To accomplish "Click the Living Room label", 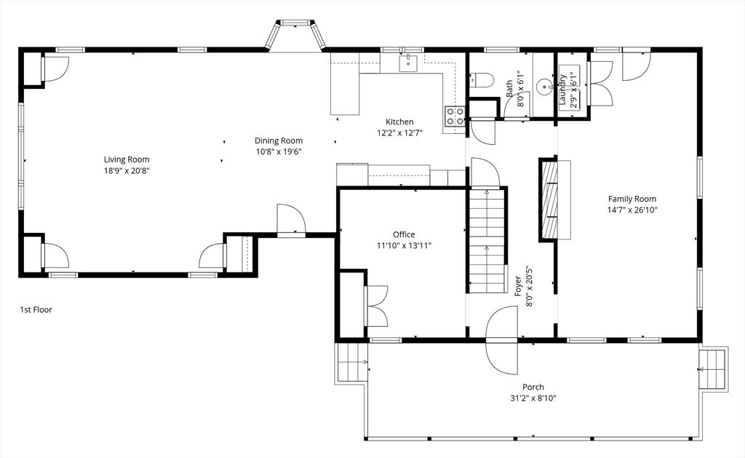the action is point(127,159).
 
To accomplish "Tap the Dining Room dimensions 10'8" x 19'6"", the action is point(279,151).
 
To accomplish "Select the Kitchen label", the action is point(399,122).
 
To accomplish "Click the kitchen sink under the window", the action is point(408,63).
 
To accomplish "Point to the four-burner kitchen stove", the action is point(455,117).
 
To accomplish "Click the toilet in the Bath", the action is point(481,80).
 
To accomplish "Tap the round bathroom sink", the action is point(544,87).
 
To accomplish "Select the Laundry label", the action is point(562,90).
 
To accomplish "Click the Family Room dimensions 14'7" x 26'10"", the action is point(632,210).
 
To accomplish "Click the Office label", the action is point(404,234).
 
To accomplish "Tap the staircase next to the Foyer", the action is point(487,241).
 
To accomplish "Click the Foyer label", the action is point(519,286).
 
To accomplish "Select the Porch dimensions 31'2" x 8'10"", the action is point(533,398).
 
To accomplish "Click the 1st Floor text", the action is point(36,309).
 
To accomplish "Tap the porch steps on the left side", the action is point(351,363).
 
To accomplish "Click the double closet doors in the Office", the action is point(376,307).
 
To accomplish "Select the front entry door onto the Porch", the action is point(502,340).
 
